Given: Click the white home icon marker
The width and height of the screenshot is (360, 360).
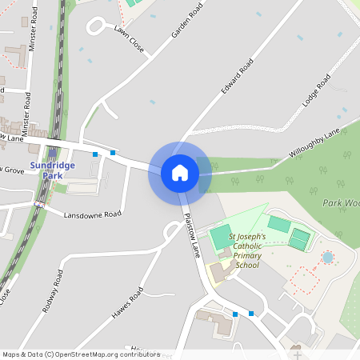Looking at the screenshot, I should pyautogui.click(x=180, y=173).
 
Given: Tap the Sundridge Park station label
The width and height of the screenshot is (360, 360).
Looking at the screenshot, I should pyautogui.click(x=52, y=170).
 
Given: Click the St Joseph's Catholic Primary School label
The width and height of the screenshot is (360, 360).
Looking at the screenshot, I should pyautogui.click(x=255, y=250).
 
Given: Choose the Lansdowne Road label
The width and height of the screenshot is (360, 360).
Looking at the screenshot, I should pyautogui.click(x=92, y=215).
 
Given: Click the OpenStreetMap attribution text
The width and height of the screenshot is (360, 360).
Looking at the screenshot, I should pyautogui.click(x=81, y=354).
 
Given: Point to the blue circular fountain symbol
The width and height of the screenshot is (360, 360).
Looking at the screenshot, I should pyautogui.click(x=327, y=258).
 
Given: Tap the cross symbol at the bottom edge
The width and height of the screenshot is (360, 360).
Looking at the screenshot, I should pyautogui.click(x=298, y=354).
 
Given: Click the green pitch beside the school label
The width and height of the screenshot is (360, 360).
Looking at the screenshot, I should pyautogui.click(x=219, y=236).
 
